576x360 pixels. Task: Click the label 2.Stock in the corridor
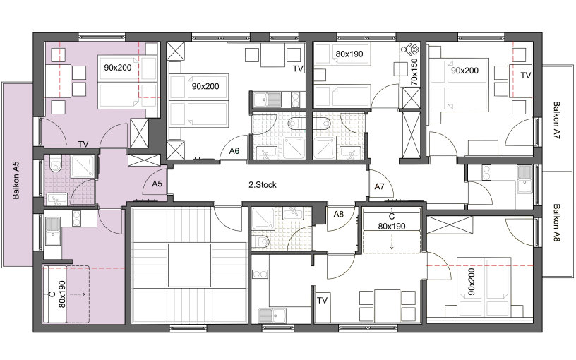263,185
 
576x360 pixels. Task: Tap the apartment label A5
157,184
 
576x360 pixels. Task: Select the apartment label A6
234,150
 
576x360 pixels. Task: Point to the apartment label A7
379,186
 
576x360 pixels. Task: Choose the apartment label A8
338,214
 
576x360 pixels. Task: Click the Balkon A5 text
16,181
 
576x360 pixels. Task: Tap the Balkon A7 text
556,120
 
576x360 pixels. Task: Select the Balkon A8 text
556,223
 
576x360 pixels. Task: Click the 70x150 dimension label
414,72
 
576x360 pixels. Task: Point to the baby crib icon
409,49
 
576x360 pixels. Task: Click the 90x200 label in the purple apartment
118,68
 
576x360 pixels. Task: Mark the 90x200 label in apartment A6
205,86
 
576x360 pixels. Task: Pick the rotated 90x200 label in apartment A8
472,282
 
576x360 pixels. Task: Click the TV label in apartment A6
298,68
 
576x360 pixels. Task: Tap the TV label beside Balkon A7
526,76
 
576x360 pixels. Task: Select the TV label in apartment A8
322,301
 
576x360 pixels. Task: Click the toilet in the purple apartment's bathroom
56,164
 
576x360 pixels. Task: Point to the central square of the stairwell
190,265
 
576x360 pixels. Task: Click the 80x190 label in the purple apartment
61,294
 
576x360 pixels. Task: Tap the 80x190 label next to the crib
349,54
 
